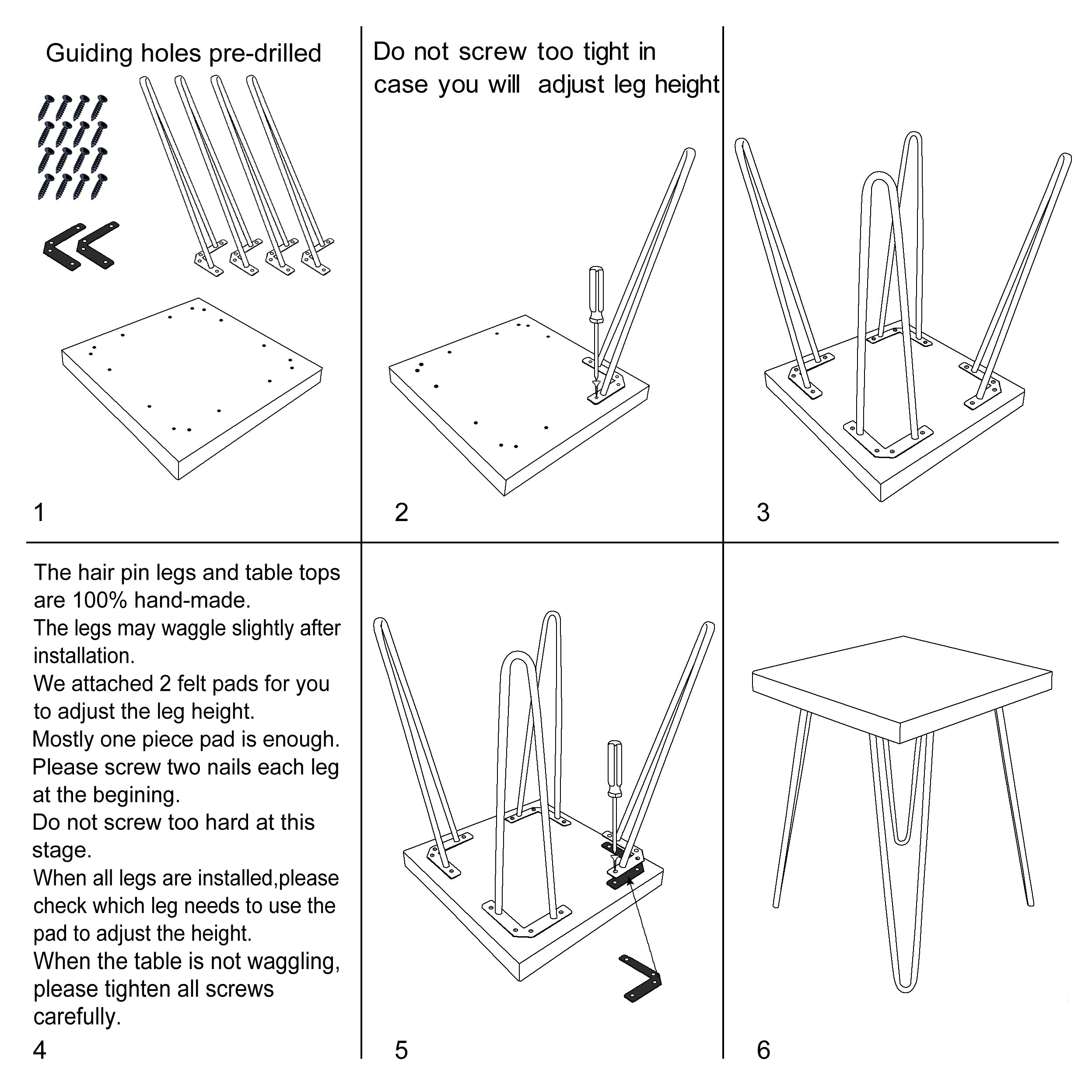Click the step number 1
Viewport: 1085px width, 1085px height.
(x=39, y=513)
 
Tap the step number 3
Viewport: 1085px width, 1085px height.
(x=763, y=513)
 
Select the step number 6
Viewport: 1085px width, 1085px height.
(x=763, y=1050)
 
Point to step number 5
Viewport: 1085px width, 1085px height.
(x=401, y=1050)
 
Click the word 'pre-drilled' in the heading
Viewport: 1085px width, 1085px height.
(x=265, y=54)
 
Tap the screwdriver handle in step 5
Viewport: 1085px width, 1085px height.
(x=615, y=767)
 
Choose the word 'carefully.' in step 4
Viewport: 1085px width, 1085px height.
(x=77, y=1016)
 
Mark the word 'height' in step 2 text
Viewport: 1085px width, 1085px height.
(x=686, y=85)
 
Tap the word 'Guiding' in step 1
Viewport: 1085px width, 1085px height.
(x=89, y=54)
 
